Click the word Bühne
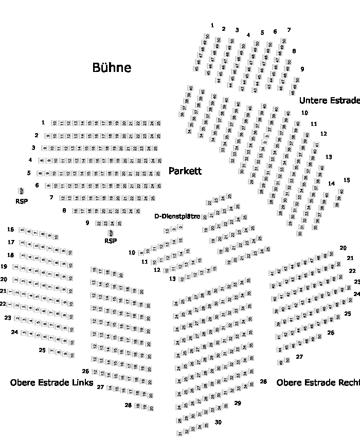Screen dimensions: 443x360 112,67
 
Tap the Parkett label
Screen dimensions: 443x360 185,171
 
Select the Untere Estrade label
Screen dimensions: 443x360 329,100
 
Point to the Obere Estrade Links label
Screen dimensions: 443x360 51,383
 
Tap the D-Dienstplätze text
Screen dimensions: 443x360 177,216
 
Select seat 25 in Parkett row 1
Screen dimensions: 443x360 159,123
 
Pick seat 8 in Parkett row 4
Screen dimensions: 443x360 42,161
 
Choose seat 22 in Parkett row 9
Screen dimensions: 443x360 99,224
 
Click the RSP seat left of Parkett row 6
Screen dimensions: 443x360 22,191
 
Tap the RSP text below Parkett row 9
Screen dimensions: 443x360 111,241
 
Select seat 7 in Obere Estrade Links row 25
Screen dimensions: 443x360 51,351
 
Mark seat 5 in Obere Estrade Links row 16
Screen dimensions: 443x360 22,230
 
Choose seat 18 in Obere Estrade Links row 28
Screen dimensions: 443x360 137,406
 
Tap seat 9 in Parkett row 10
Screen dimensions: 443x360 141,252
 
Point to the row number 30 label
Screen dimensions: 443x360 218,422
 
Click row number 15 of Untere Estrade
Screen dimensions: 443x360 347,180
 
